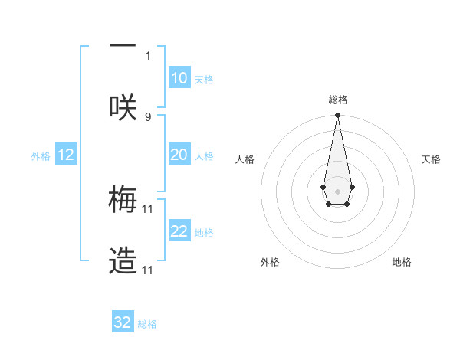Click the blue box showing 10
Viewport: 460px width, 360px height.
point(179,78)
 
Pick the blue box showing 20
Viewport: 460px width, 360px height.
point(179,155)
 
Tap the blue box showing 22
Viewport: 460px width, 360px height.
point(179,231)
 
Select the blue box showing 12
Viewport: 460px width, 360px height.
point(66,155)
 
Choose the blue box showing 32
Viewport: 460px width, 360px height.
point(123,322)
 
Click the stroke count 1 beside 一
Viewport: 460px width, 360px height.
point(148,55)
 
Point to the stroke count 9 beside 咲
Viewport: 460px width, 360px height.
point(148,116)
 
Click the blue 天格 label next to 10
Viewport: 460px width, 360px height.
point(204,80)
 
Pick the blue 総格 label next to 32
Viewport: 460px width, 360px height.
point(147,324)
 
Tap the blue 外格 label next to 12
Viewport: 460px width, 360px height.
point(41,156)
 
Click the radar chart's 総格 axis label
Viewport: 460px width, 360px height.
point(337,100)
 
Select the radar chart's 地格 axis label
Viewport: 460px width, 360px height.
point(402,262)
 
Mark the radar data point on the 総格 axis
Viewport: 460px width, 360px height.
point(337,116)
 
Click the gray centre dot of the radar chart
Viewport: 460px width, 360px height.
point(337,190)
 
